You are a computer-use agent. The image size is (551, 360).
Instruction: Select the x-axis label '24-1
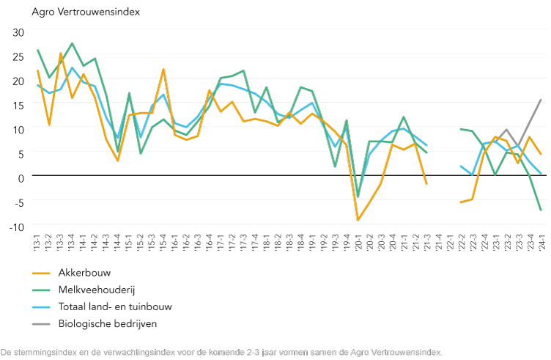(x=541, y=240)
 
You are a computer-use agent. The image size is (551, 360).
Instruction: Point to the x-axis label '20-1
(x=358, y=240)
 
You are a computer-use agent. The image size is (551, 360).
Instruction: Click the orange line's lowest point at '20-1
(x=358, y=220)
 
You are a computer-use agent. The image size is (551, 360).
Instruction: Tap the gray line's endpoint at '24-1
(x=541, y=100)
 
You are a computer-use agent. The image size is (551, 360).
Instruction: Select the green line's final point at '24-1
(x=541, y=210)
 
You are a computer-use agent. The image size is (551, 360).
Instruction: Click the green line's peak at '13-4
(x=72, y=43)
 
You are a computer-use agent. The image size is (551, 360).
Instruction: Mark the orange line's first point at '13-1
(x=37, y=70)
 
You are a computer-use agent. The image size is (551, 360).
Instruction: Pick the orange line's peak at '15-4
(x=163, y=69)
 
